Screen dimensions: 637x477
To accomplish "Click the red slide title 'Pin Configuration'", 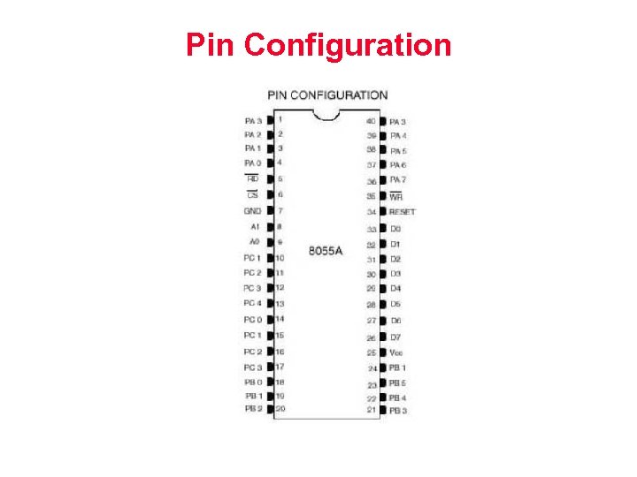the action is (x=318, y=44).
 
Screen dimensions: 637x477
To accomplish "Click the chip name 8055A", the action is (x=326, y=251).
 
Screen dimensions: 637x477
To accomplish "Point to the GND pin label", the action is (x=252, y=211).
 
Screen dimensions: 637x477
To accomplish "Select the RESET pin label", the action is (x=403, y=212).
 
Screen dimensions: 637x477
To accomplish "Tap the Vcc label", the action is (x=397, y=352).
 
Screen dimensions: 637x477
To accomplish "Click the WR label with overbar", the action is (x=396, y=196).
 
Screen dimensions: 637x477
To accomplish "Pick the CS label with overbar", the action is (x=252, y=194).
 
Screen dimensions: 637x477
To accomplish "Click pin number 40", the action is (x=371, y=121).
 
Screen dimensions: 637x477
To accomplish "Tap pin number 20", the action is (x=280, y=409).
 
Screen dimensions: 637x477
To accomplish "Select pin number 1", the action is (x=280, y=118).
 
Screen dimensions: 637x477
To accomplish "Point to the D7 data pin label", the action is (x=396, y=337).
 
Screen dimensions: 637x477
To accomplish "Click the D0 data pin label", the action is (x=396, y=229).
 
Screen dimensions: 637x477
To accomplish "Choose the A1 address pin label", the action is (x=254, y=226).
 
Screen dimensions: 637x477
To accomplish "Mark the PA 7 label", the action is (x=399, y=180).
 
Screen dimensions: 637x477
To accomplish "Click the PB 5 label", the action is (x=398, y=383).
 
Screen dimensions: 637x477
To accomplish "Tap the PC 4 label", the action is (x=252, y=304).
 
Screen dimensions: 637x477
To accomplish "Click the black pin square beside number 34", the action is (x=383, y=212).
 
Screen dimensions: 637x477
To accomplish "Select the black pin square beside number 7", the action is (x=270, y=211).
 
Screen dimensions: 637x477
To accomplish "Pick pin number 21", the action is (x=372, y=411).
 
